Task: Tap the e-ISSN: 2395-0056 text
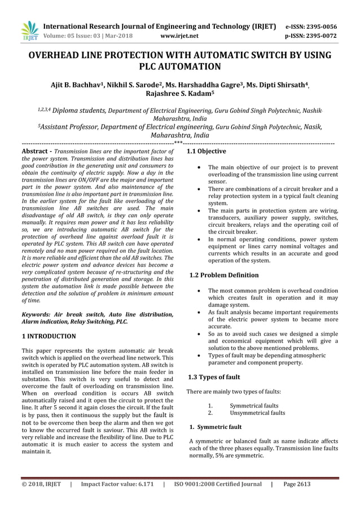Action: coord(311,27)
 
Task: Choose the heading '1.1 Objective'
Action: coord(207,151)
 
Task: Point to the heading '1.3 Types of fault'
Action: coord(214,377)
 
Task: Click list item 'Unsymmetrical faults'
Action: coord(257,413)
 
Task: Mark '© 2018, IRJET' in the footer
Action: coord(41,484)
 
